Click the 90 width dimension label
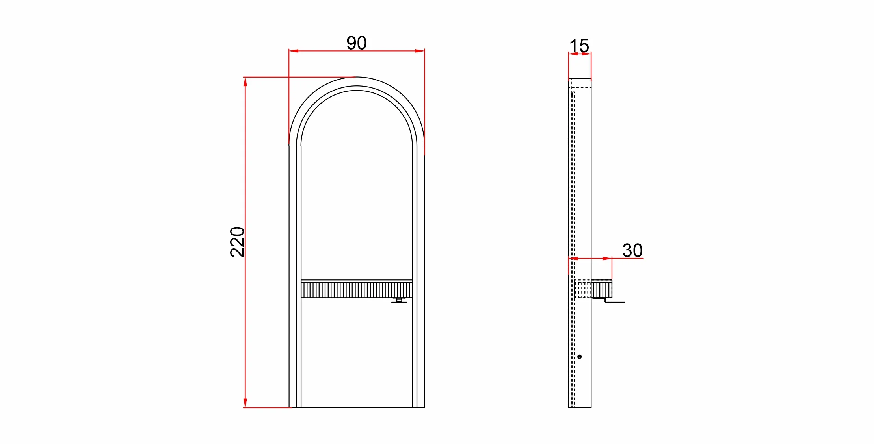tap(357, 43)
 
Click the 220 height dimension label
tap(237, 242)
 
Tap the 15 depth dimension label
tap(579, 46)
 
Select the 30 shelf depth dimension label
tap(632, 250)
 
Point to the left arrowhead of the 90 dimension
tap(294, 51)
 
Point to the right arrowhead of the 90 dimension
tap(420, 51)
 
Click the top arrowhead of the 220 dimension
tap(245, 82)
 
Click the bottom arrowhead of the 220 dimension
tap(245, 403)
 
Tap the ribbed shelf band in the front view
tap(357, 289)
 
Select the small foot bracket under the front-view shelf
tap(399, 300)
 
